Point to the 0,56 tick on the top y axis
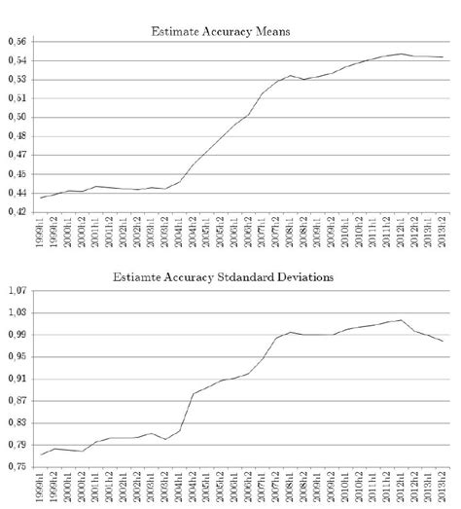(x=17, y=41)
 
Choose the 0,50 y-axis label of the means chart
(x=17, y=117)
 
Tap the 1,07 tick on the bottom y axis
(x=17, y=290)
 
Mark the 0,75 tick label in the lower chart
(x=17, y=466)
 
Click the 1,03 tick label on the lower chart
(x=17, y=312)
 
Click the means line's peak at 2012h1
(x=401, y=54)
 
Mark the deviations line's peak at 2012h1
(x=401, y=320)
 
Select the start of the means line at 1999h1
(x=40, y=198)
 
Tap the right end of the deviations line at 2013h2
(x=443, y=341)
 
